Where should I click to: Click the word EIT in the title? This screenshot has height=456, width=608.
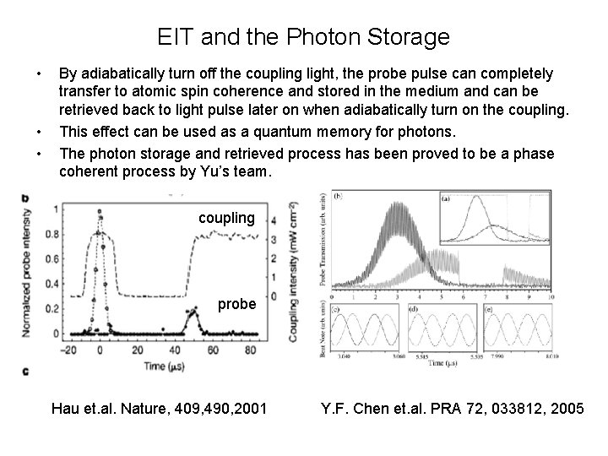pos(174,38)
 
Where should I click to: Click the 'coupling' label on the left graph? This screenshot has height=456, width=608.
pos(226,218)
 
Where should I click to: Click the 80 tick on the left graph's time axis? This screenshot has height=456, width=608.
pos(275,347)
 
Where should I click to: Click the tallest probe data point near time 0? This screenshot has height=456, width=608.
pos(100,211)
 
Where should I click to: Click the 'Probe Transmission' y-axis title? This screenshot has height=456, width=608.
pos(323,245)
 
